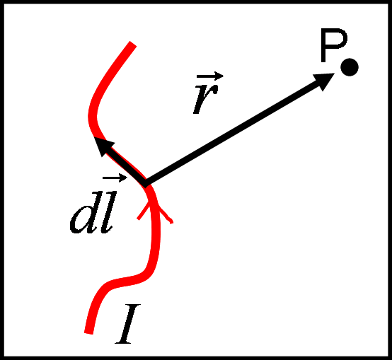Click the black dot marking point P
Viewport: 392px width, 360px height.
pos(350,67)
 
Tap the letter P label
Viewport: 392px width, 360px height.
pos(334,45)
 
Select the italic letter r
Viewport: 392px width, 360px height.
pos(205,99)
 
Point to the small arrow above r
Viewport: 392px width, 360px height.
pos(210,76)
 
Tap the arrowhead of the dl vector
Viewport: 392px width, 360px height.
pos(103,146)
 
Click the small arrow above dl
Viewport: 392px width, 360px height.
pos(115,178)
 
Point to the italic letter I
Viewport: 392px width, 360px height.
pos(127,324)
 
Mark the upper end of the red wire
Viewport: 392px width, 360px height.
pos(132,44)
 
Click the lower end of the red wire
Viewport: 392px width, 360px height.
pos(88,332)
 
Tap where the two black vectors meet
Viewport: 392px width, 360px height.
pos(144,185)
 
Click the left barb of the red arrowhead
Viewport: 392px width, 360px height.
pos(144,210)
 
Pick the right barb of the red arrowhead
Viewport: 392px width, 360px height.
pos(165,214)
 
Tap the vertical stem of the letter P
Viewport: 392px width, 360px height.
pos(323,45)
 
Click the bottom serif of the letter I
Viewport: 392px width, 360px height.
pos(123,343)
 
